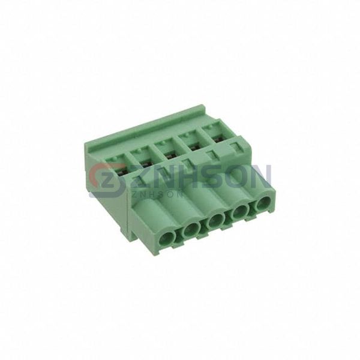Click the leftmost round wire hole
167,237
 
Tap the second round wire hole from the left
191,229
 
